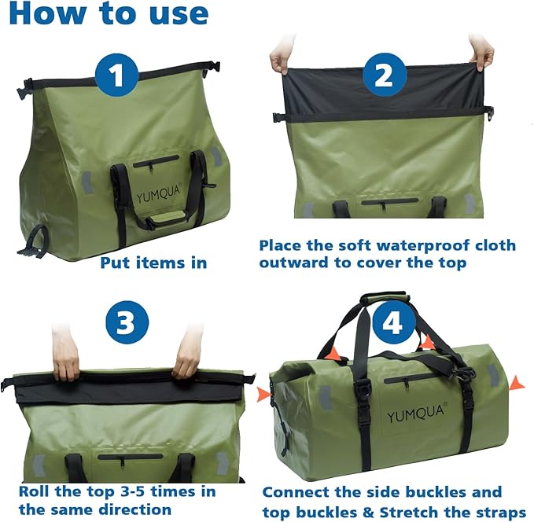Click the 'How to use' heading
click(x=107, y=14)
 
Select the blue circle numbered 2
click(x=384, y=75)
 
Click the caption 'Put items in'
click(x=153, y=263)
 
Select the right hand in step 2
click(x=481, y=53)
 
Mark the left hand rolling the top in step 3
click(x=66, y=358)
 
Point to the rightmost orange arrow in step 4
click(x=517, y=383)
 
